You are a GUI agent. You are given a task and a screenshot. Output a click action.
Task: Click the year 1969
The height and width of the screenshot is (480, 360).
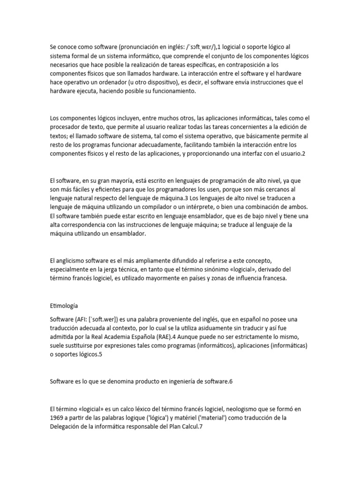click(57, 417)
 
